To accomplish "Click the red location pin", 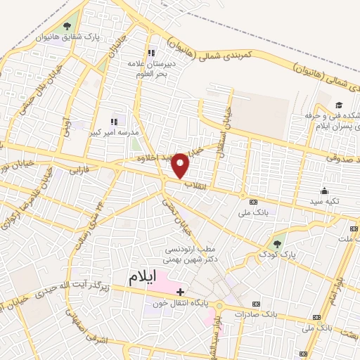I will coord(181,166).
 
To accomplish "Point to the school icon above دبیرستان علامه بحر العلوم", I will coord(150,53).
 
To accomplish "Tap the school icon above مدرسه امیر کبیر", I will coord(114,122).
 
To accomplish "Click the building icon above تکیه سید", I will coord(323,191).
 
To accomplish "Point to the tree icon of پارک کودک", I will coord(278,245).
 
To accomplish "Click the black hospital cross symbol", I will coord(181,292).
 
